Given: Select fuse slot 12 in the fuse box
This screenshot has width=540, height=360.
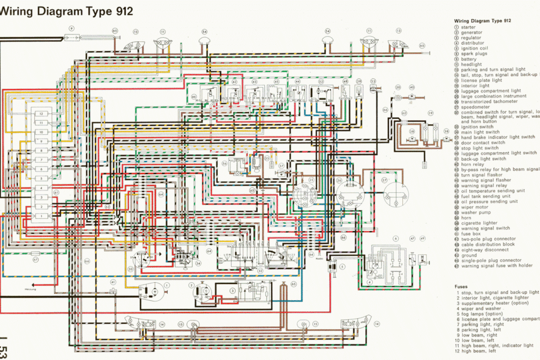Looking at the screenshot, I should [41, 114].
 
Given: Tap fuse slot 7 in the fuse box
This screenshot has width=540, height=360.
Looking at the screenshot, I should [41, 159].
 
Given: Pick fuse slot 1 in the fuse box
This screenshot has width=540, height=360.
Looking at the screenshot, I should [41, 216].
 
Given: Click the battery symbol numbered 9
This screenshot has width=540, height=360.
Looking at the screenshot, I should [71, 37].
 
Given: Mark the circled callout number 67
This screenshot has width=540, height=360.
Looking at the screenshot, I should [35, 260].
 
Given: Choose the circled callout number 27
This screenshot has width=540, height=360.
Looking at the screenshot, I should [384, 181].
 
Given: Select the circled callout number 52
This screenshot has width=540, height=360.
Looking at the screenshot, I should [320, 82].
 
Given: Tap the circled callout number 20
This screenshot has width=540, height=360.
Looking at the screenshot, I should [398, 87].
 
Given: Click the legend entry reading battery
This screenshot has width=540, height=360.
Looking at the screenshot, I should [470, 59].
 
